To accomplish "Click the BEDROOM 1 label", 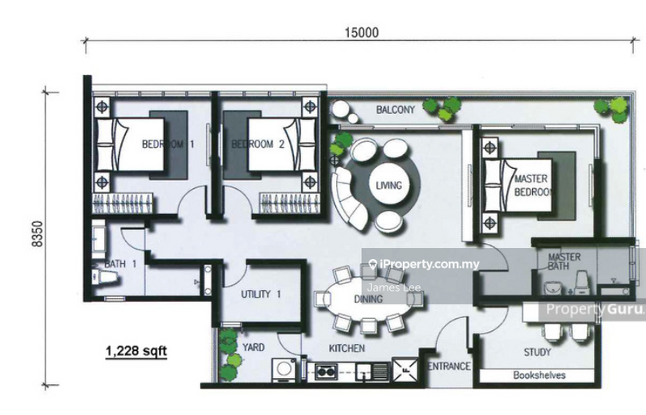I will tap(169, 145).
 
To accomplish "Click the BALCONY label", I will tap(395, 110).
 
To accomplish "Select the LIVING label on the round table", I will tap(388, 186).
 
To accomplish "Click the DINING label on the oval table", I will tap(368, 299).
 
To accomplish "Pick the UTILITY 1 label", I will tap(260, 294).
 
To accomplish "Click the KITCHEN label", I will tap(346, 349).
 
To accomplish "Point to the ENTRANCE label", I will tap(448, 367).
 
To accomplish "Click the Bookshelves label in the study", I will tap(539, 375).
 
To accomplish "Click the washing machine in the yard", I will tap(283, 368).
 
